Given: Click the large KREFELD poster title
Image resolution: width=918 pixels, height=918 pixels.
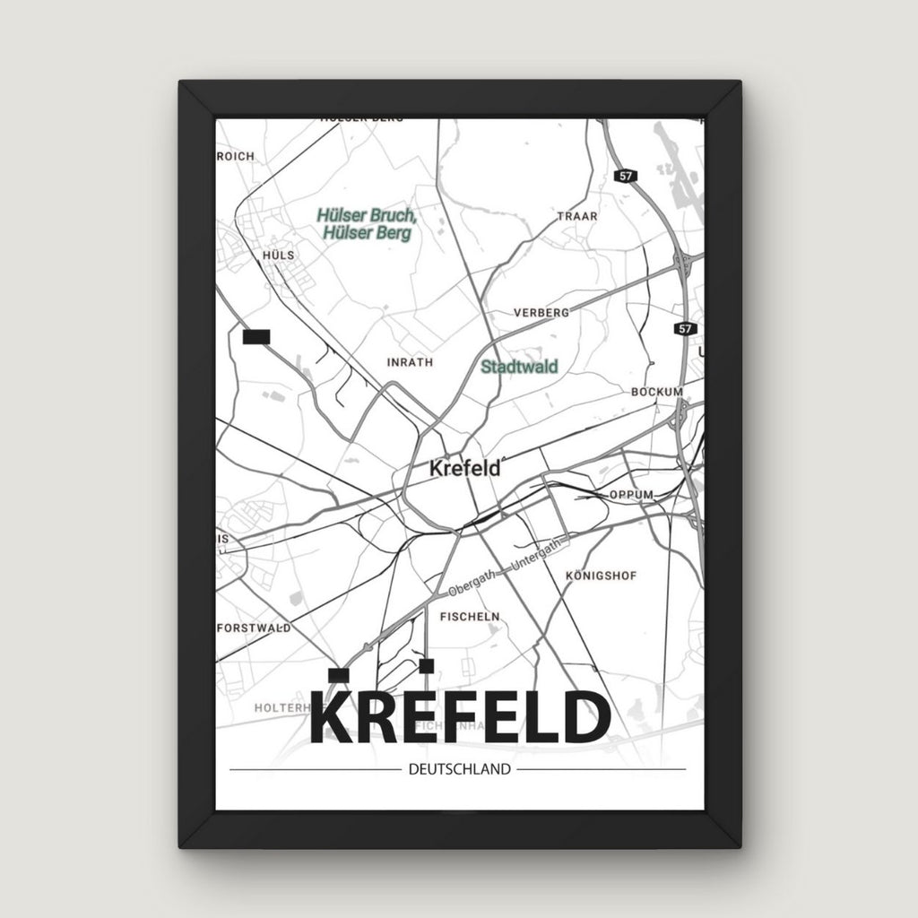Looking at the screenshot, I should (x=459, y=716).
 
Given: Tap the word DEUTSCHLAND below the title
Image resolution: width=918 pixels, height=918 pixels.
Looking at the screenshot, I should (x=459, y=768).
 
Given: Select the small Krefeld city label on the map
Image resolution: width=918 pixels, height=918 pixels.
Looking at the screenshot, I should (x=463, y=468).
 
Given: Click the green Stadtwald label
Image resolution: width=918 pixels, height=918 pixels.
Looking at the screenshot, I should (x=519, y=367).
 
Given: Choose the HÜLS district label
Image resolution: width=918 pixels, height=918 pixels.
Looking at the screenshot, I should (x=279, y=255).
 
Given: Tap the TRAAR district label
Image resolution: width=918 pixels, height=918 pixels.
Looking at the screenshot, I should (x=576, y=217).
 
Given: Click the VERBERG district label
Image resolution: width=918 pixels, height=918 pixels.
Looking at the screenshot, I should (x=541, y=313).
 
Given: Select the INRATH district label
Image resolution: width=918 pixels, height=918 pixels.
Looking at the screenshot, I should (x=409, y=363).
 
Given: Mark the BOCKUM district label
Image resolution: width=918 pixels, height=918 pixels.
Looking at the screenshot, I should (x=657, y=392).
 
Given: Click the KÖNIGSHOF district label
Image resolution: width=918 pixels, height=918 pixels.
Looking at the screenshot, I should (x=602, y=576).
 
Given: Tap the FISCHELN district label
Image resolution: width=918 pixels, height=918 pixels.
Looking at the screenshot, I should (x=470, y=617).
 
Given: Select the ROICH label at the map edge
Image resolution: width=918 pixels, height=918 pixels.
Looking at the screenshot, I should (x=236, y=156).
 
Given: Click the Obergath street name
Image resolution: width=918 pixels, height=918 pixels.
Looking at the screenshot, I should (x=475, y=584).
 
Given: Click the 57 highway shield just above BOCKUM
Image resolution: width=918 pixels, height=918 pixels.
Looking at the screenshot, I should (x=686, y=329).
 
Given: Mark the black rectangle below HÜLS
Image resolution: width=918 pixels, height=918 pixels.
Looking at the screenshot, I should (x=256, y=336).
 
